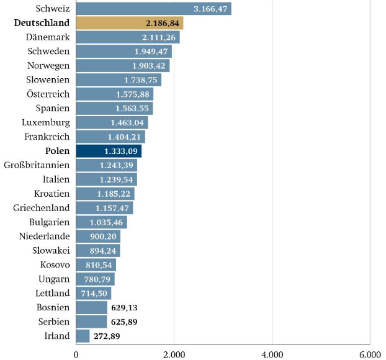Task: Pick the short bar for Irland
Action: [83, 336]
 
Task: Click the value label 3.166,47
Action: [211, 9]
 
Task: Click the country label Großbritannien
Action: [37, 165]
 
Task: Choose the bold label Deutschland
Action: [42, 24]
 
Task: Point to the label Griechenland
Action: [42, 208]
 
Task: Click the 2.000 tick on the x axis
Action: [174, 354]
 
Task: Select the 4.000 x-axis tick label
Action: [272, 354]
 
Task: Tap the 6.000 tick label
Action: [370, 354]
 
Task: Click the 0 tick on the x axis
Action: [76, 354]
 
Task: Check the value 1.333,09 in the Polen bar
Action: [120, 151]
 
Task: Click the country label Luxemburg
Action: [45, 123]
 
